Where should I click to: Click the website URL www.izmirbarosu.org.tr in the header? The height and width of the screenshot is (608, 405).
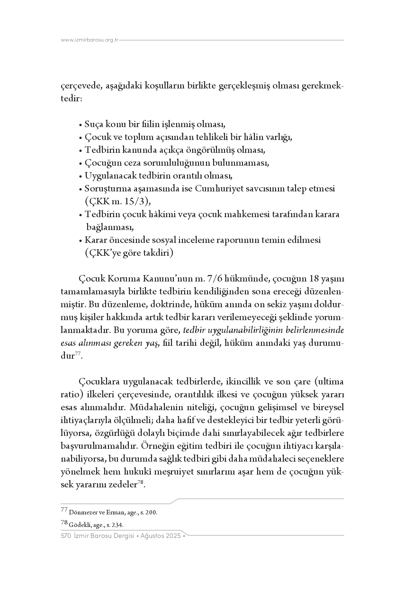pyautogui.click(x=90, y=40)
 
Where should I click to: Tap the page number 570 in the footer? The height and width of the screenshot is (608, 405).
pyautogui.click(x=66, y=536)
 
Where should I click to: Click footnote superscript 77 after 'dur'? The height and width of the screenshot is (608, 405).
pyautogui.click(x=78, y=354)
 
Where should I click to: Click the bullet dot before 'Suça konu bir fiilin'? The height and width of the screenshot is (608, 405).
pyautogui.click(x=81, y=125)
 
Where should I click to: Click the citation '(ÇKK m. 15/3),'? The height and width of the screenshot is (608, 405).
pyautogui.click(x=118, y=202)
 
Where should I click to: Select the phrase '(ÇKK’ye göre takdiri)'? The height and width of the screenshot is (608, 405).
pyautogui.click(x=129, y=253)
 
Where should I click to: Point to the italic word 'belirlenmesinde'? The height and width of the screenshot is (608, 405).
pyautogui.click(x=315, y=330)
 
